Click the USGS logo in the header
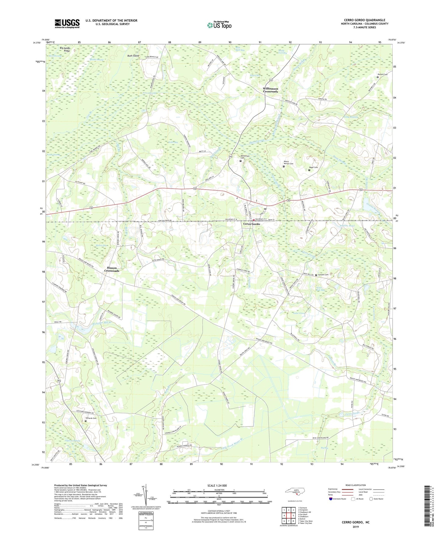tap(67, 24)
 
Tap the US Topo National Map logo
tap(219, 25)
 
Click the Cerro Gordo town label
tap(251, 224)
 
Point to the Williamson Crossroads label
tap(270, 90)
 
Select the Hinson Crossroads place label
tap(112, 269)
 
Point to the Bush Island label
tap(133, 56)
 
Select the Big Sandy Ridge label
tap(65, 49)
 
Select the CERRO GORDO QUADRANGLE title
tap(364, 20)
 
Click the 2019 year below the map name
tap(355, 527)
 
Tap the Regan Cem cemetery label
tap(313, 167)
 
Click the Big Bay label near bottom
tap(324, 448)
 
